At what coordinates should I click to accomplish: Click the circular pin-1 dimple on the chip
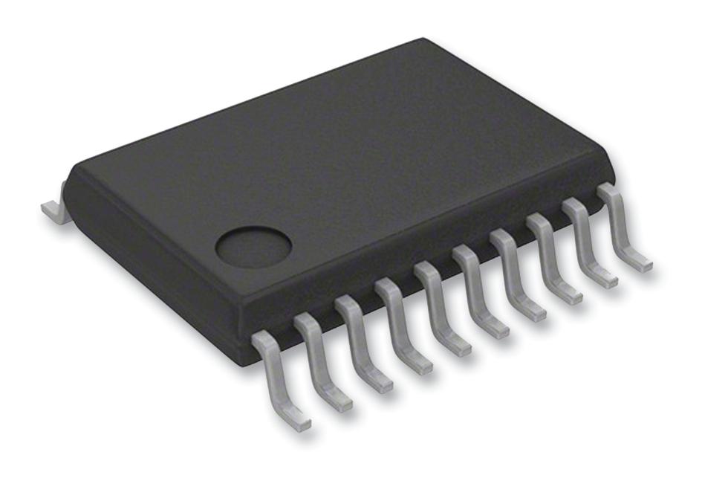[253, 246]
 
